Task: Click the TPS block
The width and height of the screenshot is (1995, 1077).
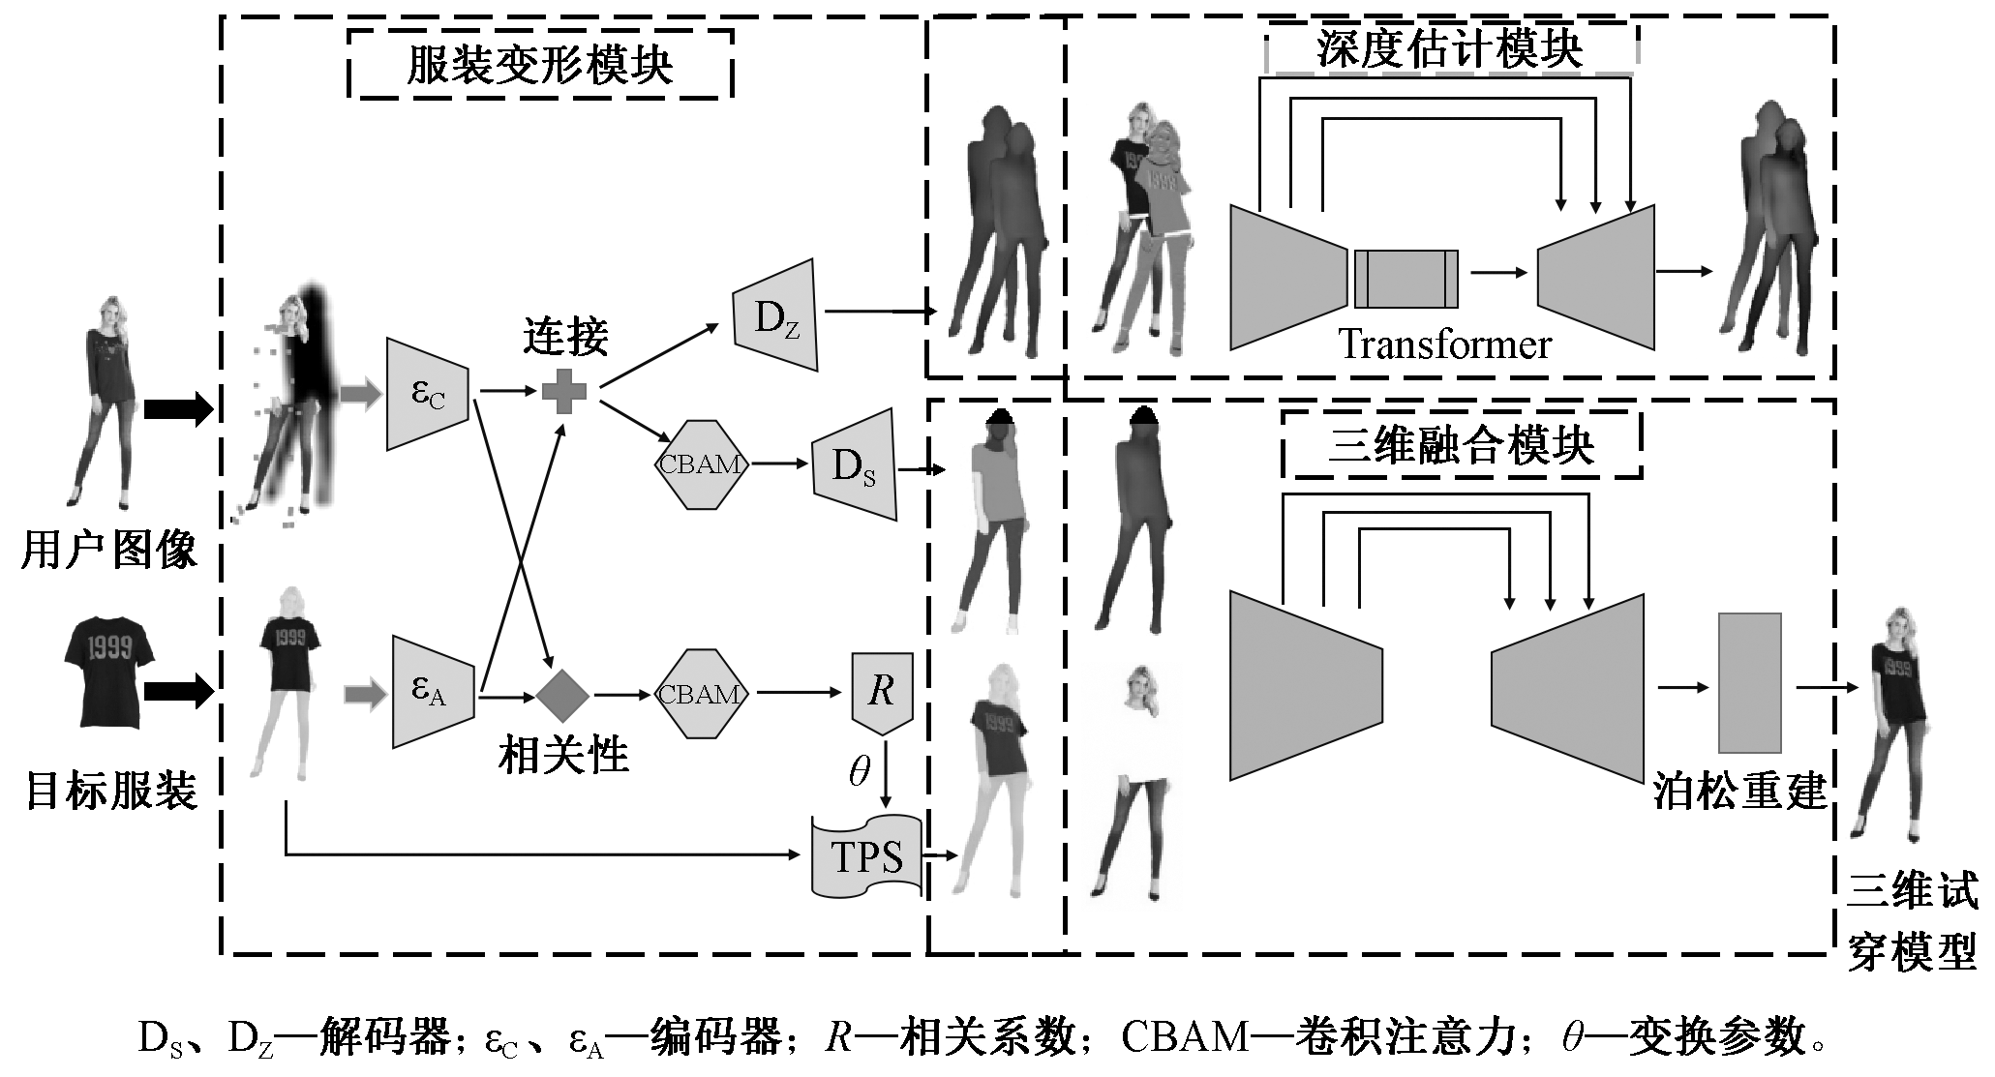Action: [x=864, y=855]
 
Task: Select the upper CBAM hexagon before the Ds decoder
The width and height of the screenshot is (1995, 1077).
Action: [x=702, y=464]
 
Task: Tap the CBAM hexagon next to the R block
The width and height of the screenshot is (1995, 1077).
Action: [x=702, y=694]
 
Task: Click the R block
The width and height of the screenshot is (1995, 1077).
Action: [x=882, y=692]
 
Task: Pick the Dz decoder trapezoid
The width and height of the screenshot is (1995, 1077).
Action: [x=775, y=315]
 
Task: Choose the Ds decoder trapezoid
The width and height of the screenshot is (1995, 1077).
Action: [x=855, y=465]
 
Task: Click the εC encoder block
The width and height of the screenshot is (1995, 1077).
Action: [x=428, y=394]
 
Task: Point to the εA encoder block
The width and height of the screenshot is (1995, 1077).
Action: [x=432, y=691]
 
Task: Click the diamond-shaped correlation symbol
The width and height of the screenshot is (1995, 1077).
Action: [x=563, y=695]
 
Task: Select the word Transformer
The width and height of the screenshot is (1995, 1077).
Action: [x=1444, y=344]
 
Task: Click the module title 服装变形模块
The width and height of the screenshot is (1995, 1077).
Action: [x=539, y=66]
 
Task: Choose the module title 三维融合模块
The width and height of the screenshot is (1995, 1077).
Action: [x=1461, y=446]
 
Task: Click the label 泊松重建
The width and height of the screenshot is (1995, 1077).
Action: [x=1739, y=791]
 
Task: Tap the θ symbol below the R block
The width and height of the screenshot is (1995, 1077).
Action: [x=859, y=771]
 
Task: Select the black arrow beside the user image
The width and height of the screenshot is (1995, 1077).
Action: [x=178, y=409]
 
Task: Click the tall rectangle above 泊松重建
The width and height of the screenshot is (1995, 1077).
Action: [x=1749, y=683]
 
